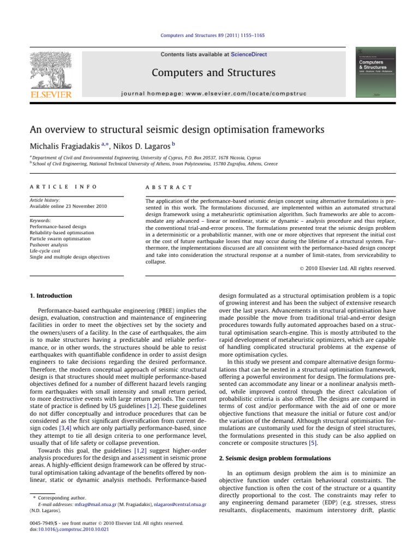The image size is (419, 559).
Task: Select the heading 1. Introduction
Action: click(x=51, y=295)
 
